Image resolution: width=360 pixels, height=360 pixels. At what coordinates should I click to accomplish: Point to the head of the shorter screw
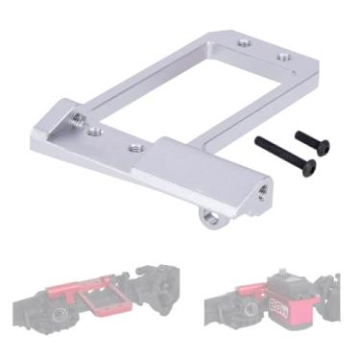[323, 147]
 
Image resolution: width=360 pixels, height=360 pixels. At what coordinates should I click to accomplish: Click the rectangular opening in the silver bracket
[192, 96]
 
